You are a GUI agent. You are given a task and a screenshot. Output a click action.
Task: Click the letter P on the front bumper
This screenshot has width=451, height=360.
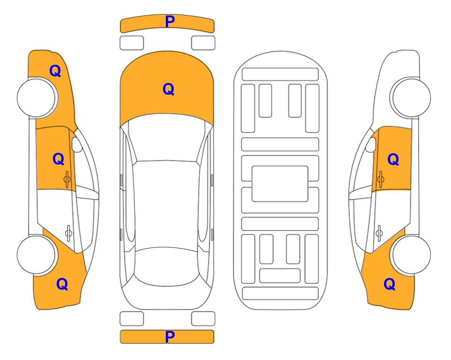coord(170,22)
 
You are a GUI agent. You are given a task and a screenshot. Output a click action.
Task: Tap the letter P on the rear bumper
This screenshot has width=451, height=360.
coord(170,337)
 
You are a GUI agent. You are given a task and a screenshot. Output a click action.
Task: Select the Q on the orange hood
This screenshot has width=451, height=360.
coord(169,89)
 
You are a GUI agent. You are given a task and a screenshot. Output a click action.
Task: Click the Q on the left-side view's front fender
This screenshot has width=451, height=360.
coord(55,71)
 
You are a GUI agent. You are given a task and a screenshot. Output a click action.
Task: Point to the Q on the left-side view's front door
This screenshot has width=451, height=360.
coord(59,159)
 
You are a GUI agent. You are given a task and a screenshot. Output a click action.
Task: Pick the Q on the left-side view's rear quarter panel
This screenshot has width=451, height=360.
coord(62,284)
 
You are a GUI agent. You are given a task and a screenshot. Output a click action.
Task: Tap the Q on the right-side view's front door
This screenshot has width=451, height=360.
coord(393,159)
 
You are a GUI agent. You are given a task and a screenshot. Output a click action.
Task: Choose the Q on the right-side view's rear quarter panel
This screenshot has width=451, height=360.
coord(390,284)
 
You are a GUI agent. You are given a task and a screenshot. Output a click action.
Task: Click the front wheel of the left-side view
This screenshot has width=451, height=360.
coord(37,98)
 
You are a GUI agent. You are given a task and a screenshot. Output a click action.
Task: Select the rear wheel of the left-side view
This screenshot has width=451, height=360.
coord(37,255)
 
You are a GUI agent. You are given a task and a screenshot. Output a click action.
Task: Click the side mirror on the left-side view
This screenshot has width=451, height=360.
coord(76,144)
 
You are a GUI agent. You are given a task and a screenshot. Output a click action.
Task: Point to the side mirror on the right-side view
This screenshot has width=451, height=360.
coord(371,144)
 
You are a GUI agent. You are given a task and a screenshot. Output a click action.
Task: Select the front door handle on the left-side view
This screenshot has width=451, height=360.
coord(67,179)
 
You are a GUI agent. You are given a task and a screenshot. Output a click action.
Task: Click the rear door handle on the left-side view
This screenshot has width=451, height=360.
coord(68,232)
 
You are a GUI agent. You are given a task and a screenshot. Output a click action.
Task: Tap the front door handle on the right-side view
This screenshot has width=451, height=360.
coord(380,179)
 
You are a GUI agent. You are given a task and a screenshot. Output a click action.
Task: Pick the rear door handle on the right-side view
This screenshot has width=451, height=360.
coord(379,232)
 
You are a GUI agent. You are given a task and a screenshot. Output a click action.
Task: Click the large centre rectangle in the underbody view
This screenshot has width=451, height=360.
coord(280,184)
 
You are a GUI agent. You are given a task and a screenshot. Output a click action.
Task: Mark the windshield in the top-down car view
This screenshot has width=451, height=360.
coord(167,138)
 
